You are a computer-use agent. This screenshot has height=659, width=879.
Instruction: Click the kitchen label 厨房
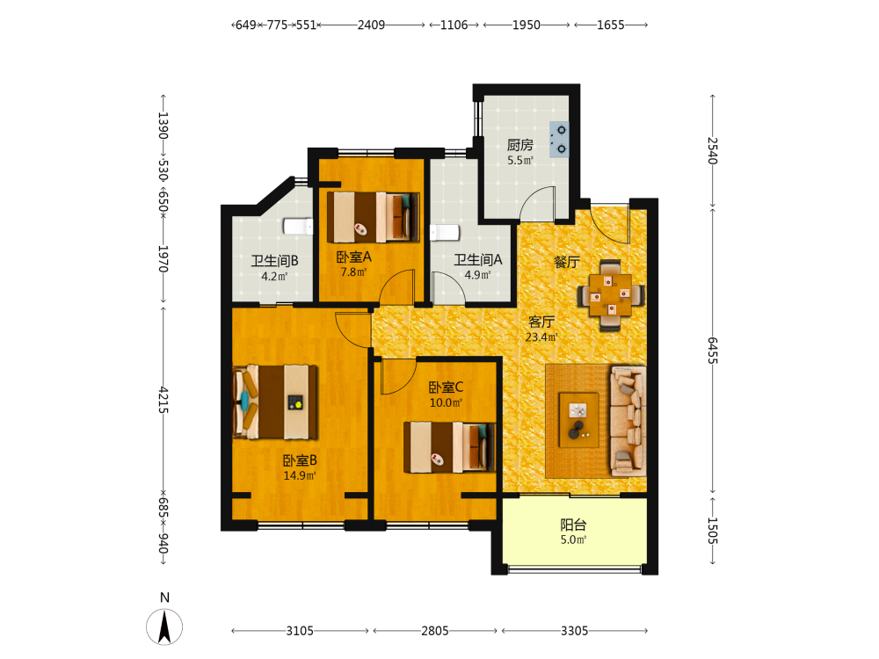[519, 145]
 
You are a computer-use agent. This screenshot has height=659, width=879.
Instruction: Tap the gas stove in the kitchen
[559, 139]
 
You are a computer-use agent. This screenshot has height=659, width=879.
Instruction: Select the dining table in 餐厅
[611, 294]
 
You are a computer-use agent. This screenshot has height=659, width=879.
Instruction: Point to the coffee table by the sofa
[579, 420]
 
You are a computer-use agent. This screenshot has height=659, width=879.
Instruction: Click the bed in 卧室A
[374, 217]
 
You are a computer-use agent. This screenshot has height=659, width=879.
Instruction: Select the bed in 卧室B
[274, 402]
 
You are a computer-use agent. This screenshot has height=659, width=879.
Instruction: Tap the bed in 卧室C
[449, 447]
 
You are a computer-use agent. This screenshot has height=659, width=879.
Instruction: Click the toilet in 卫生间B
[298, 227]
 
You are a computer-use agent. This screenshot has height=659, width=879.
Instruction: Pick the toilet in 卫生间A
[445, 233]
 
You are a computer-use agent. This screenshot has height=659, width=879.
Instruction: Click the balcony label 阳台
[573, 525]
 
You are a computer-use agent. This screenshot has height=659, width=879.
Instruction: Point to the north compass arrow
[164, 627]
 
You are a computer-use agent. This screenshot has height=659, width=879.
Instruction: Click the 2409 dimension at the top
[371, 25]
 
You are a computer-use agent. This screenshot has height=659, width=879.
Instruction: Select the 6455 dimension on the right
[713, 351]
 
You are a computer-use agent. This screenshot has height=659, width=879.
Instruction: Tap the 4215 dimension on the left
[163, 400]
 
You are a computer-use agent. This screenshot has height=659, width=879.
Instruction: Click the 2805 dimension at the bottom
[435, 631]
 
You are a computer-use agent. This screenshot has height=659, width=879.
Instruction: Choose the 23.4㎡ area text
[541, 337]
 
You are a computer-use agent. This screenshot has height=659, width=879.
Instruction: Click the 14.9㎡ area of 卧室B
[300, 475]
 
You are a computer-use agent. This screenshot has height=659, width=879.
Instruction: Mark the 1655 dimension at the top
[611, 25]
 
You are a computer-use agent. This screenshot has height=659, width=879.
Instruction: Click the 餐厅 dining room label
[567, 262]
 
